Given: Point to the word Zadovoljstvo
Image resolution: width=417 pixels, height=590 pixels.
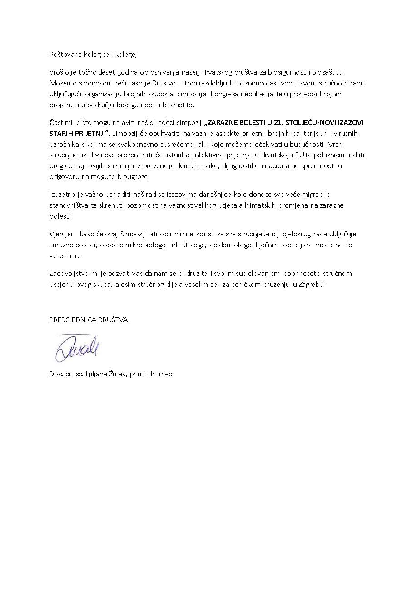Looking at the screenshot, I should (x=68, y=274).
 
